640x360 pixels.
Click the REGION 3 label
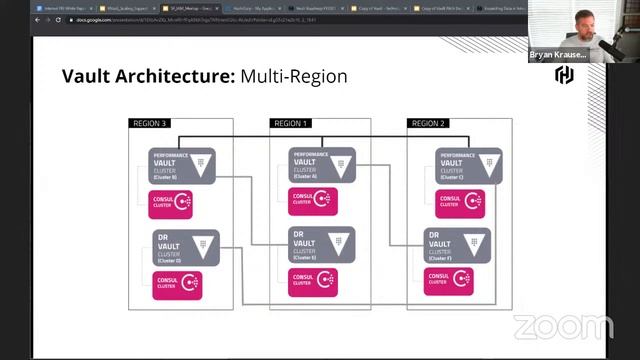pos(148,124)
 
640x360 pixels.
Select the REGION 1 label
pos(290,124)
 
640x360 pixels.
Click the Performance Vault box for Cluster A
pos(322,163)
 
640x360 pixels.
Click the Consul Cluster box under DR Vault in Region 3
pos(176,283)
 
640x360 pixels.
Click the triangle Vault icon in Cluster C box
pos(484,161)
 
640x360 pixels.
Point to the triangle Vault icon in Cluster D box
pos(204,241)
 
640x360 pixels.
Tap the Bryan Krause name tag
pos(558,56)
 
